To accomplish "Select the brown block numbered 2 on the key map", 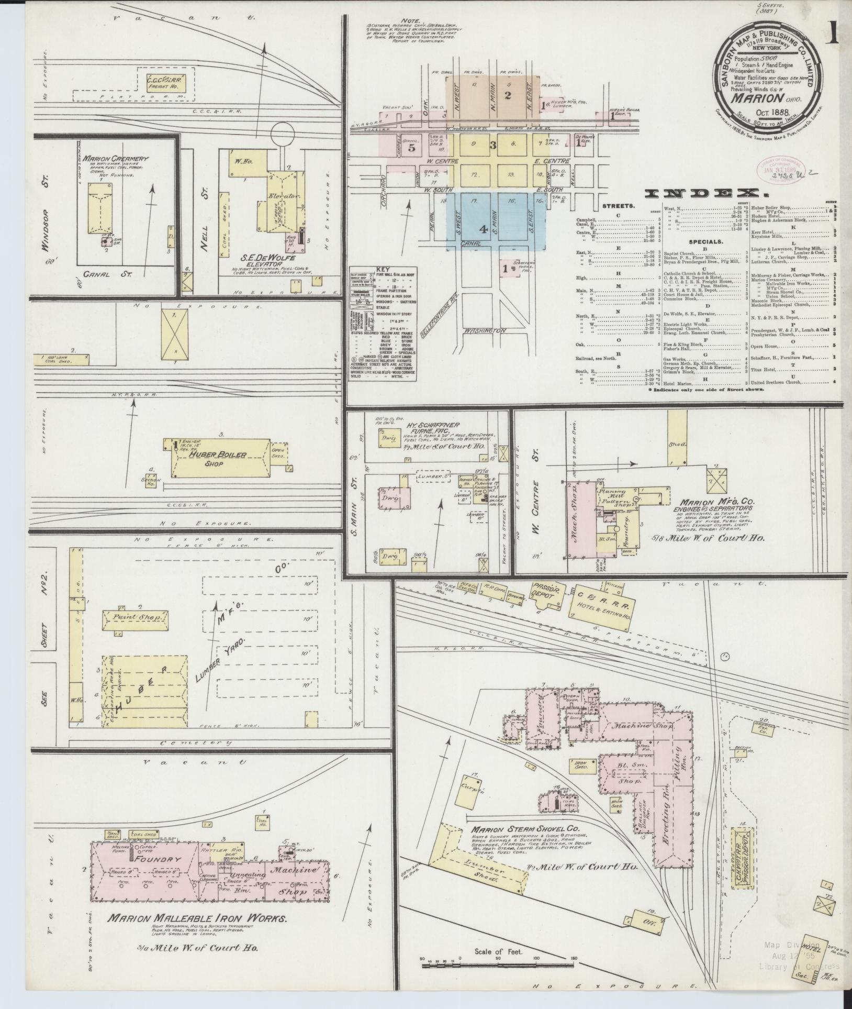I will (x=507, y=95).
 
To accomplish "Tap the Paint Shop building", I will (x=136, y=617).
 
